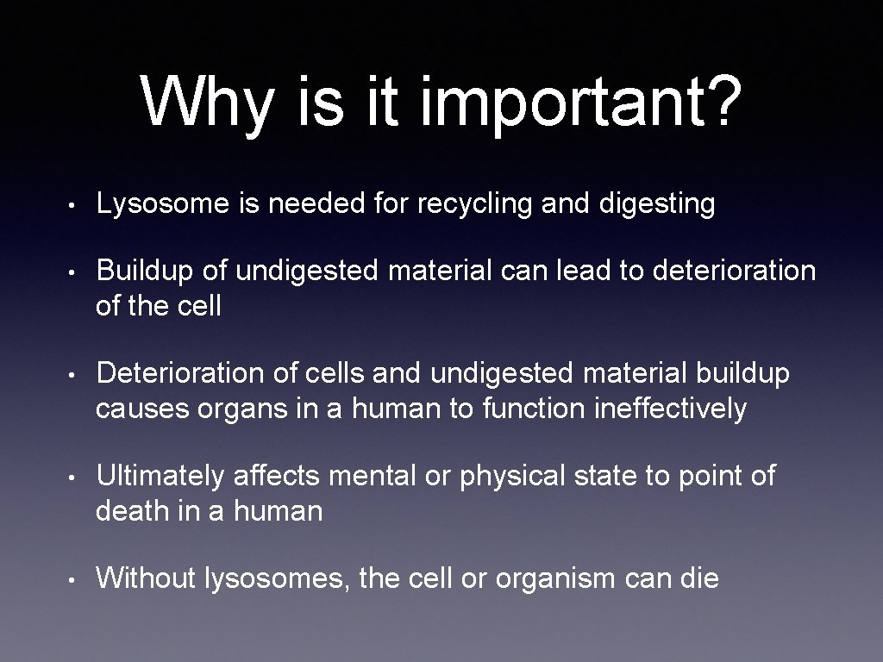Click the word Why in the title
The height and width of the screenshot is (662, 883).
pos(206,101)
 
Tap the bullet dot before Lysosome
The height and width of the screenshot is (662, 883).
pos(76,205)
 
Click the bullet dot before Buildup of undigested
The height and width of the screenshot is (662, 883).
pos(76,272)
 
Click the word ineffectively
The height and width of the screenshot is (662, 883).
pos(671,408)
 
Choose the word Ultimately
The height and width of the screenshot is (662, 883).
pos(160,475)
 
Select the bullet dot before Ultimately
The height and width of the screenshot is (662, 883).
pos(76,477)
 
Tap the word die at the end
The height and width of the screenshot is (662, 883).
pos(698,578)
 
